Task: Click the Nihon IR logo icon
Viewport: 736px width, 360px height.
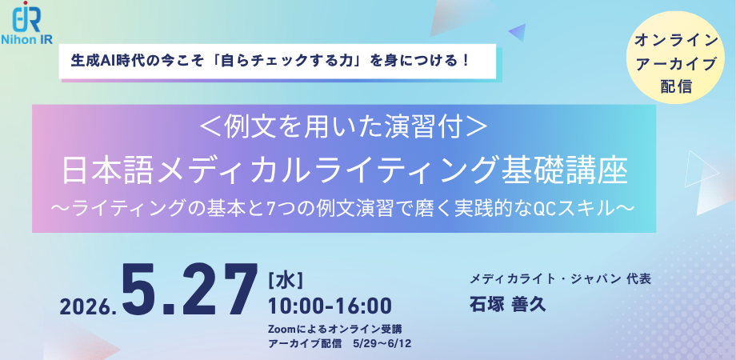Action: click(x=27, y=17)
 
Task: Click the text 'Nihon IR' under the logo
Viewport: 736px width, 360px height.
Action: click(x=27, y=39)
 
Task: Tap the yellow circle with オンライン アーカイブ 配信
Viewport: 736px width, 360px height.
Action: click(x=676, y=58)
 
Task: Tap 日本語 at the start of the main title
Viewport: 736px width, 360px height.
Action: click(x=109, y=172)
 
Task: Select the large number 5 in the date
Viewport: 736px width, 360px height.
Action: click(x=142, y=290)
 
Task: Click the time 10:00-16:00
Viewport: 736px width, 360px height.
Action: click(x=330, y=306)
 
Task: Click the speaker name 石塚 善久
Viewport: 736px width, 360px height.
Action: click(x=508, y=305)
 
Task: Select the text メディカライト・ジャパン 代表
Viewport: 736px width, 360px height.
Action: click(x=561, y=279)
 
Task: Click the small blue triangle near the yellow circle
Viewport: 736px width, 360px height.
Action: click(x=518, y=32)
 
